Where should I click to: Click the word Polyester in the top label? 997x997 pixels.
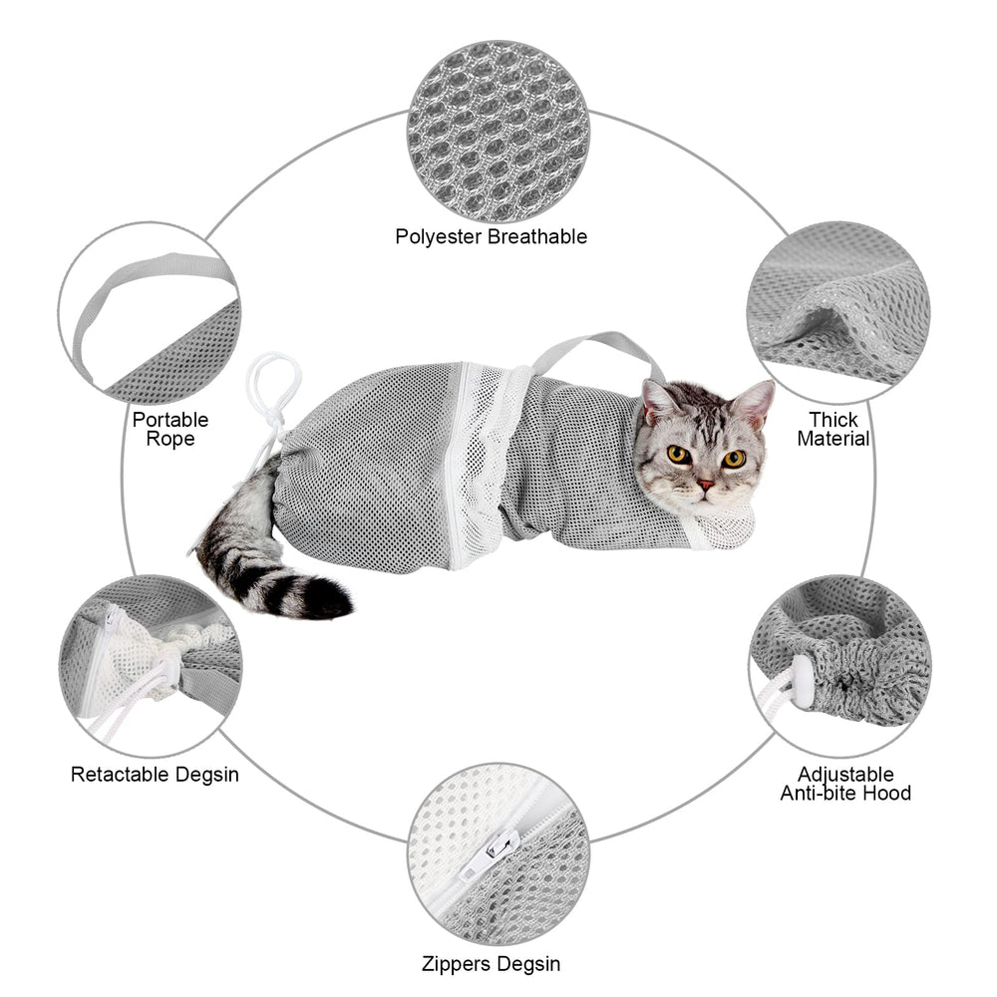[x=439, y=237]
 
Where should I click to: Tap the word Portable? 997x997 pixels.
[x=170, y=420]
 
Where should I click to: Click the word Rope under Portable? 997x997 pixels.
[x=170, y=439]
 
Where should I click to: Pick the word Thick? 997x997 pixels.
[x=833, y=420]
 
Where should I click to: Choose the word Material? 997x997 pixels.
[x=833, y=439]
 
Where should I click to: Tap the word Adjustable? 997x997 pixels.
[x=845, y=775]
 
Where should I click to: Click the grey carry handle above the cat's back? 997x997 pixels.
[x=597, y=348]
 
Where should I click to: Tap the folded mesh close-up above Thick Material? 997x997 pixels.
[x=838, y=313]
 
